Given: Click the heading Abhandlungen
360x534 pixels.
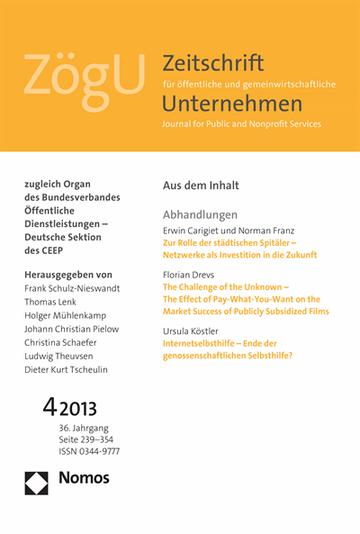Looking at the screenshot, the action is pyautogui.click(x=200, y=215).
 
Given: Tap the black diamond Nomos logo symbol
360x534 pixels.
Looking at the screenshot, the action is pyautogui.click(x=36, y=482).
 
